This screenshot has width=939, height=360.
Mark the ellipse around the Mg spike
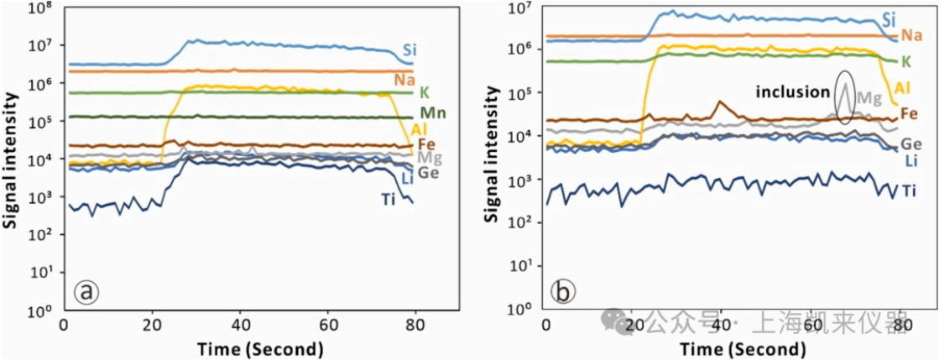846,97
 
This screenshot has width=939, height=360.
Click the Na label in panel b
911,35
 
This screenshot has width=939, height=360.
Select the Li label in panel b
911,161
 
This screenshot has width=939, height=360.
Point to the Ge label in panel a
430,173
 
